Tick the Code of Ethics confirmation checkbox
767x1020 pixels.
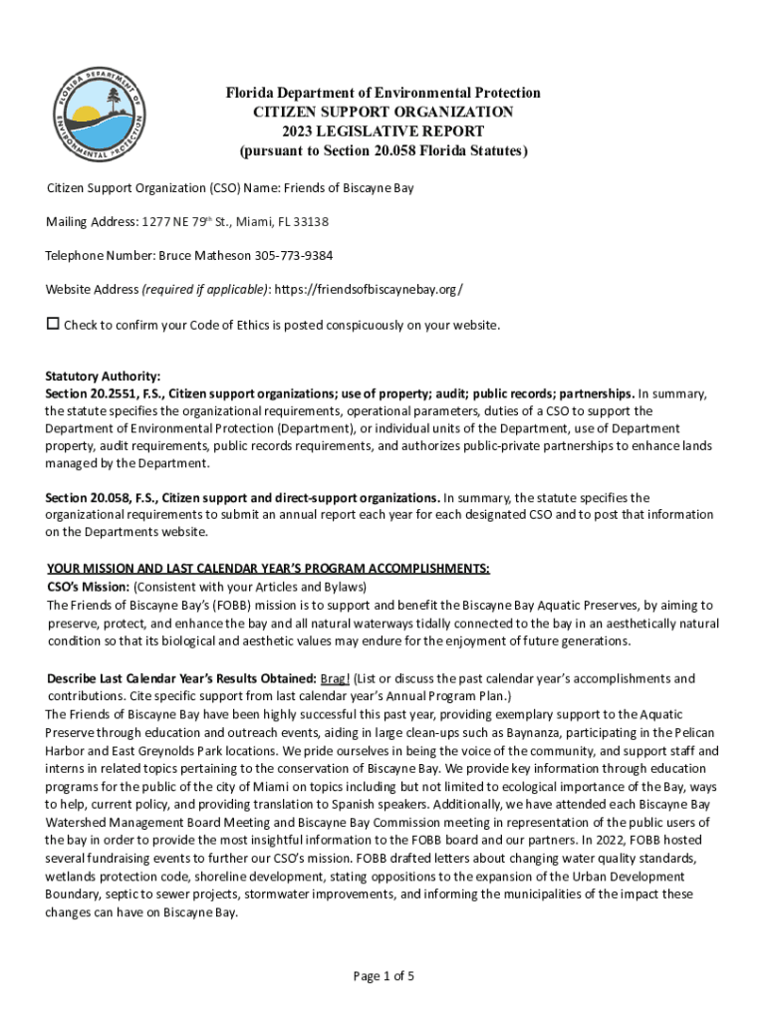pyautogui.click(x=54, y=325)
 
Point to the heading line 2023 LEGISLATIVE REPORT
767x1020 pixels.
pyautogui.click(x=383, y=130)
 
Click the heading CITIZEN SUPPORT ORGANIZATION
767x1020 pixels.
pyautogui.click(x=383, y=112)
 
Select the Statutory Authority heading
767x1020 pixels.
pyautogui.click(x=103, y=377)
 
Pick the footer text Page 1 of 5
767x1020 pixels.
pyautogui.click(x=383, y=975)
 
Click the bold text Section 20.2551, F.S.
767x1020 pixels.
pyautogui.click(x=104, y=393)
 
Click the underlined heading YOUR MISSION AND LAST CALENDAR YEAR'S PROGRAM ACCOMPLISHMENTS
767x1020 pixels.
pyautogui.click(x=267, y=569)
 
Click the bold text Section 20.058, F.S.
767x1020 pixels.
pyautogui.click(x=100, y=497)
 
